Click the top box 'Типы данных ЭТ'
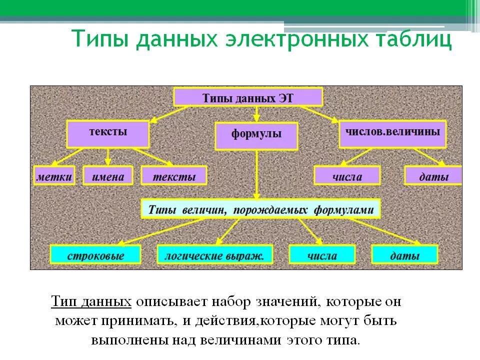pyautogui.click(x=248, y=96)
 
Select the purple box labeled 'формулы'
pyautogui.click(x=256, y=135)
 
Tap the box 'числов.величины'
pyautogui.click(x=392, y=133)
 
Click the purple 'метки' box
pyautogui.click(x=54, y=175)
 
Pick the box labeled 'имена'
pyautogui.click(x=107, y=175)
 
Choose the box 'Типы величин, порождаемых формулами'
pyautogui.click(x=260, y=209)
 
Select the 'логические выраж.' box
pyautogui.click(x=215, y=255)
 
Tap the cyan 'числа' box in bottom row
pyautogui.click(x=322, y=255)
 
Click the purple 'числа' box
pyautogui.click(x=347, y=175)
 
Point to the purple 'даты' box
pyautogui.click(x=433, y=175)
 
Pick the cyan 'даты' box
pyautogui.click(x=404, y=255)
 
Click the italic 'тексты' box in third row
pyautogui.click(x=173, y=175)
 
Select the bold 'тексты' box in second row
pyautogui.click(x=108, y=133)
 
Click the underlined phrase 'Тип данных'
pyautogui.click(x=91, y=302)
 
